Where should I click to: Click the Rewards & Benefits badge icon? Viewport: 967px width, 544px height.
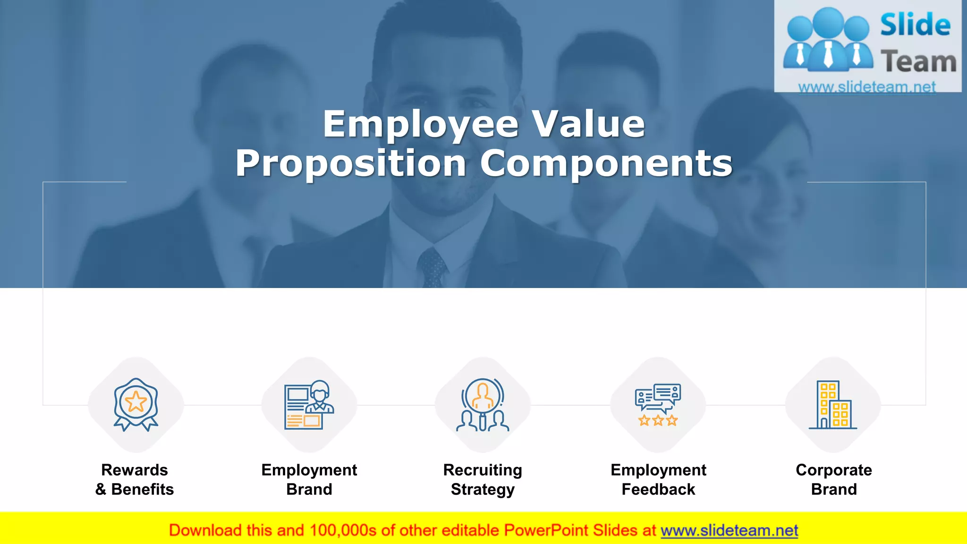[136, 404]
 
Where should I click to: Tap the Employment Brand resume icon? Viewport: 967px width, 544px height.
[309, 405]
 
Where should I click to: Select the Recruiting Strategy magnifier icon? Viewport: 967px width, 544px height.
[483, 405]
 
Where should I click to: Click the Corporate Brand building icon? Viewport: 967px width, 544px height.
[833, 405]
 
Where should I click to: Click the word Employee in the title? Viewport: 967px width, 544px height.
[421, 124]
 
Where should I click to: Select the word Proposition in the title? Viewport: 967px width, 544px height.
[351, 163]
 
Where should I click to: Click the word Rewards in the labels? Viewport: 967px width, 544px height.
[135, 470]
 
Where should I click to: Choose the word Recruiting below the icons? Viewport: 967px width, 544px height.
[483, 470]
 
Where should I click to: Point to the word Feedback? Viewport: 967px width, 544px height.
[658, 489]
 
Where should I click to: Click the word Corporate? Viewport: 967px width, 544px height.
[834, 470]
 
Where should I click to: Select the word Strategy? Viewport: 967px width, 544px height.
[483, 490]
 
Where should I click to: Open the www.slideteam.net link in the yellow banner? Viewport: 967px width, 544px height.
[729, 530]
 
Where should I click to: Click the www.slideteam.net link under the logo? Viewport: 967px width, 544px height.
[867, 87]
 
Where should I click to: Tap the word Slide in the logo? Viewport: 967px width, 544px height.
[915, 25]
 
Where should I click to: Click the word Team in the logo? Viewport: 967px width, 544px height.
[918, 62]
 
